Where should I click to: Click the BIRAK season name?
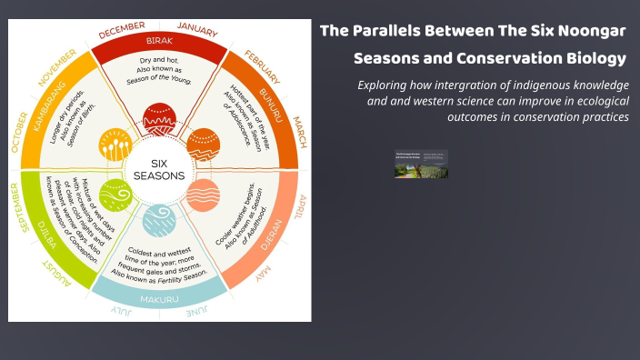159,42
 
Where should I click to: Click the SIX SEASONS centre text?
159,169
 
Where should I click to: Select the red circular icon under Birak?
160,119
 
